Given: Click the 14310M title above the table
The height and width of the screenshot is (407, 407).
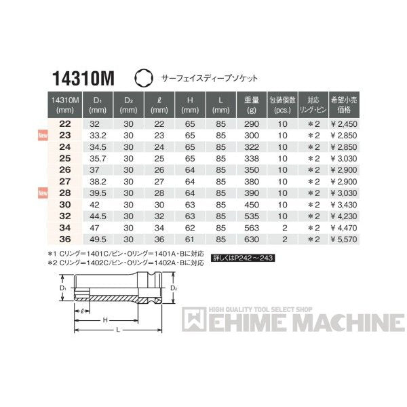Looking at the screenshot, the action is pyautogui.click(x=83, y=79).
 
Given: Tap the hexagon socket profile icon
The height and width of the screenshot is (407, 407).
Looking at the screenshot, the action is pyautogui.click(x=144, y=78).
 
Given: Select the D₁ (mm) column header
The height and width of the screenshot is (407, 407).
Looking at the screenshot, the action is pyautogui.click(x=98, y=104).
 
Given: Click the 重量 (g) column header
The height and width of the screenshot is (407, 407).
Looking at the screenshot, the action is pyautogui.click(x=252, y=104).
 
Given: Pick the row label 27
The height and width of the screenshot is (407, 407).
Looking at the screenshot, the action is pyautogui.click(x=65, y=181).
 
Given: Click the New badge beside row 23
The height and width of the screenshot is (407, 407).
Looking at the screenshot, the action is pyautogui.click(x=43, y=135).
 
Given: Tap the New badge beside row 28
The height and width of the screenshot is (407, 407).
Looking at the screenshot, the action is pyautogui.click(x=43, y=193).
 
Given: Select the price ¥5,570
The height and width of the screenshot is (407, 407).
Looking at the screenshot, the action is pyautogui.click(x=344, y=239).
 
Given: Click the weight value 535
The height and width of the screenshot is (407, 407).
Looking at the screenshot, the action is pyautogui.click(x=252, y=216).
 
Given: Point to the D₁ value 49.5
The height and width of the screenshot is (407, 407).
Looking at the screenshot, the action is pyautogui.click(x=98, y=239).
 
